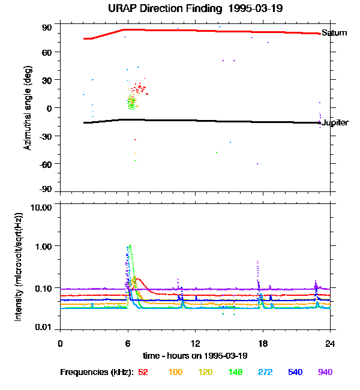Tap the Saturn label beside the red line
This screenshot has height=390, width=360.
coord(334,33)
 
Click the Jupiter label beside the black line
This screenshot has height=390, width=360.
coord(335,123)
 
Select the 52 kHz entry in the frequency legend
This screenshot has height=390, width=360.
coord(143,372)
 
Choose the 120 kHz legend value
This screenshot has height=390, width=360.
coord(205,372)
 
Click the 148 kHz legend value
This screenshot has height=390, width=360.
coord(236,372)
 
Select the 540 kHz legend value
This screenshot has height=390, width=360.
coord(295,372)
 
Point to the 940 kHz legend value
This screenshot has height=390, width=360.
coord(325,372)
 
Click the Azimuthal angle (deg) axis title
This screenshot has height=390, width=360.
coord(28,108)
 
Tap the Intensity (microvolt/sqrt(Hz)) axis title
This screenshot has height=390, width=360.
coord(19,266)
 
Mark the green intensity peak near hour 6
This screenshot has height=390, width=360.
coord(130,245)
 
